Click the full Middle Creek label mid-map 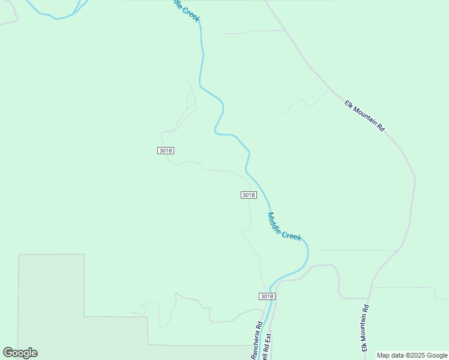point(284,227)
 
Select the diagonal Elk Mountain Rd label point(364,115)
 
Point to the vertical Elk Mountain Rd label point(364,328)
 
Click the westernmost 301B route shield point(166,151)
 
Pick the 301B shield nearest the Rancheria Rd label point(267,296)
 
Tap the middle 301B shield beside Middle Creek point(249,195)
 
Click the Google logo point(20,353)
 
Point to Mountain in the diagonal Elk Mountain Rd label point(366,117)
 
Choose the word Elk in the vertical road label point(364,346)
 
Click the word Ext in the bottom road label point(268,337)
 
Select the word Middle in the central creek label point(276,221)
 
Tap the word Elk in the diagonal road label point(349,104)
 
